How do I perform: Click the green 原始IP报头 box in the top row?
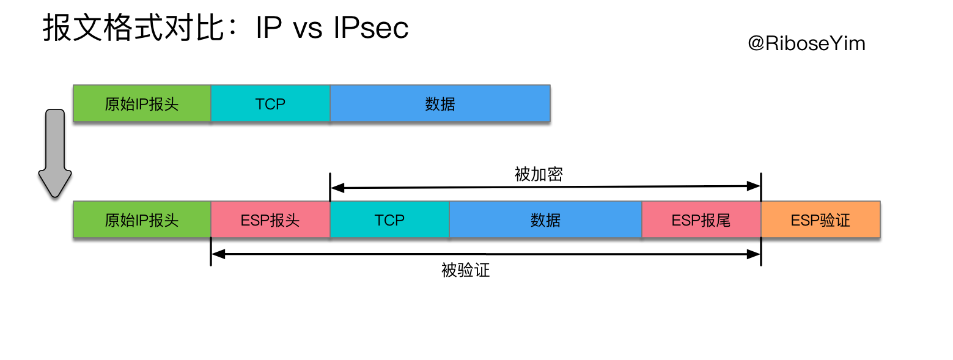(142, 103)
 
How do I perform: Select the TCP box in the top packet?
(270, 103)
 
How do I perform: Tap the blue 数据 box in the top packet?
(440, 103)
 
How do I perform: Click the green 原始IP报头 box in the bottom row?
(142, 219)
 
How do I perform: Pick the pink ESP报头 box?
(270, 219)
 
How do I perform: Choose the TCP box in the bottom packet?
(389, 219)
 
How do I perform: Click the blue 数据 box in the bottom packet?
(545, 219)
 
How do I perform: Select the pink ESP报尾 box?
(701, 219)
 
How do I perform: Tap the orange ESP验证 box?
(820, 219)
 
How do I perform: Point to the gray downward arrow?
(55, 153)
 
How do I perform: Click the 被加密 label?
(539, 175)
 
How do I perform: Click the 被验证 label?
(466, 270)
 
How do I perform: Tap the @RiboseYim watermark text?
(806, 43)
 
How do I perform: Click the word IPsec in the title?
(371, 28)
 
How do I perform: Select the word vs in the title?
(307, 28)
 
